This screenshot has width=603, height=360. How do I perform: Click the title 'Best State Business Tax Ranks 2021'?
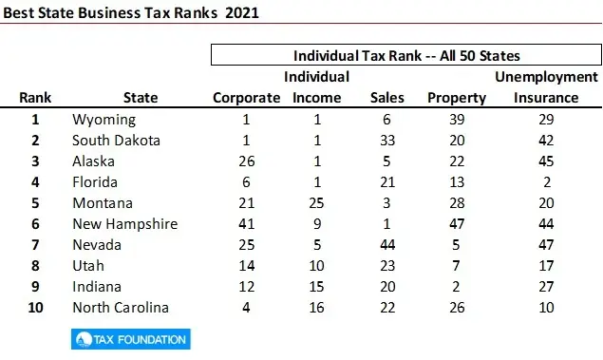pos(129,15)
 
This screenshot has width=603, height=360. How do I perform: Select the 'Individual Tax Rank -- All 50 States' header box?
pos(405,55)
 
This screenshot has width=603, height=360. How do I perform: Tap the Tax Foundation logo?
pos(130,339)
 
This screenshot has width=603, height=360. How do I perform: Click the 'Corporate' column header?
pos(246,97)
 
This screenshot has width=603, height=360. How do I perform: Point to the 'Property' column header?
pos(457,97)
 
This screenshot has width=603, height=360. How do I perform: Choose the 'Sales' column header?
pos(386,97)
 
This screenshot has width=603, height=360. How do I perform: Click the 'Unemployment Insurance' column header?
pos(546,86)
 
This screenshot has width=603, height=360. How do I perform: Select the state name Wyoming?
pos(104,120)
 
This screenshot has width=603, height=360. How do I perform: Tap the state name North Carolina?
pos(121,308)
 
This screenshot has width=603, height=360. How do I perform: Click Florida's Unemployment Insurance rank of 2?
pos(546,182)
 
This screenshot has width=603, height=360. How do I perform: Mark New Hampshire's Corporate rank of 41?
pos(246,224)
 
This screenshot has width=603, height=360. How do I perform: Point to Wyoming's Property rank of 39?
pos(457,120)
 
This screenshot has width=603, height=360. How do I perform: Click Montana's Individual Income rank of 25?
pos(316,203)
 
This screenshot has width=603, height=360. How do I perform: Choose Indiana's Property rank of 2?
pos(457,287)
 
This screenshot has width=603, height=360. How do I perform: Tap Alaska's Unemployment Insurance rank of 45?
pos(546,161)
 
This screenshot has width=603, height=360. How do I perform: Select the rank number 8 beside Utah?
pos(35,266)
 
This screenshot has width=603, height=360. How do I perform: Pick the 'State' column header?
pos(141,97)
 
